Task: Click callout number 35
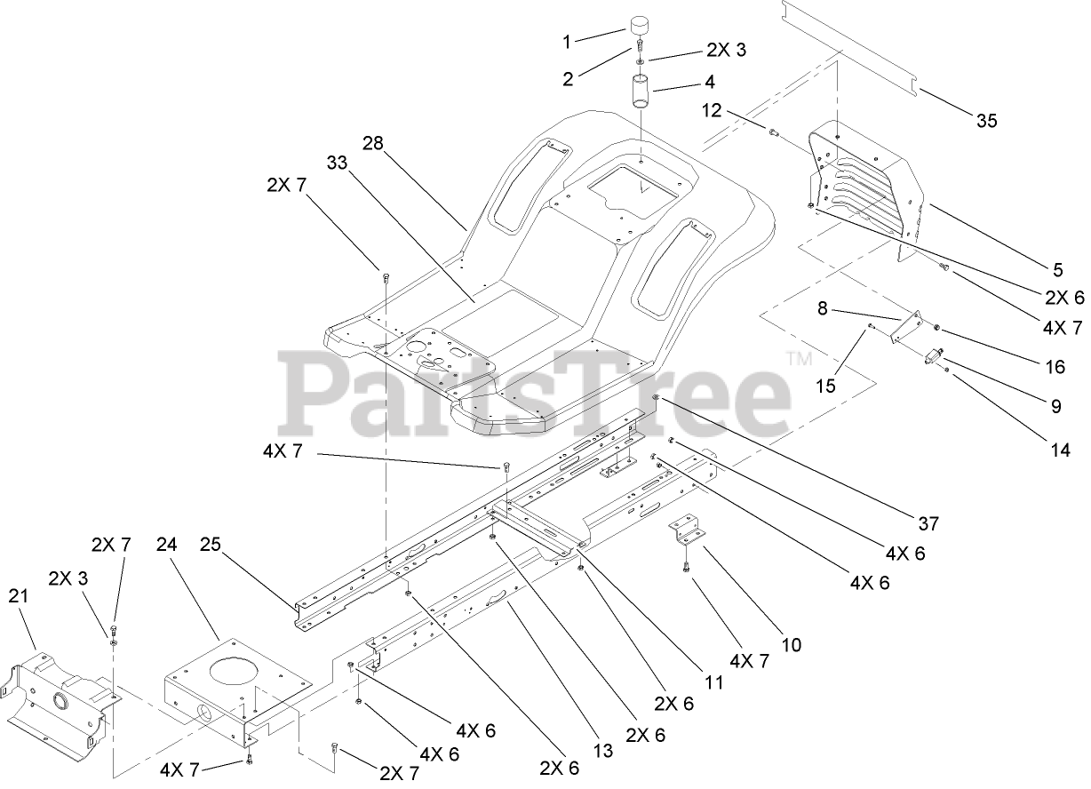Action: (x=986, y=122)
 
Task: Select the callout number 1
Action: (x=566, y=41)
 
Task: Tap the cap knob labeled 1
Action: (x=641, y=26)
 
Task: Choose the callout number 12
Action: (x=712, y=111)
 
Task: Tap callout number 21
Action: (x=20, y=596)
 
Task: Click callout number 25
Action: (x=209, y=544)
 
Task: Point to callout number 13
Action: (x=603, y=751)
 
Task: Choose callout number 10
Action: (x=791, y=645)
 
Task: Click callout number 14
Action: (x=1060, y=450)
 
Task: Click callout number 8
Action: (x=822, y=309)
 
